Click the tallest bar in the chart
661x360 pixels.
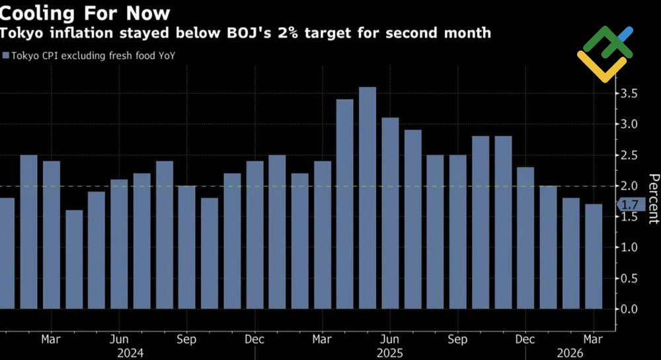367,198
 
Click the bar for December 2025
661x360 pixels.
525,238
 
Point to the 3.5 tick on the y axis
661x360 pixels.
629,93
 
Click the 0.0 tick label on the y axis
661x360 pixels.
629,309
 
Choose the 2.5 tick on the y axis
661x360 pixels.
629,155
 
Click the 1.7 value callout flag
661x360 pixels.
627,205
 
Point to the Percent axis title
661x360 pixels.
653,199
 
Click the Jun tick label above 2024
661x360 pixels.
119,340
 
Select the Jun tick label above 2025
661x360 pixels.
389,340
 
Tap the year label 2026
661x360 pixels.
570,353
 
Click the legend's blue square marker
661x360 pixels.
6,55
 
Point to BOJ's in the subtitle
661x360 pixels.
278,32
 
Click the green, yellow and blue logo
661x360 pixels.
605,54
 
